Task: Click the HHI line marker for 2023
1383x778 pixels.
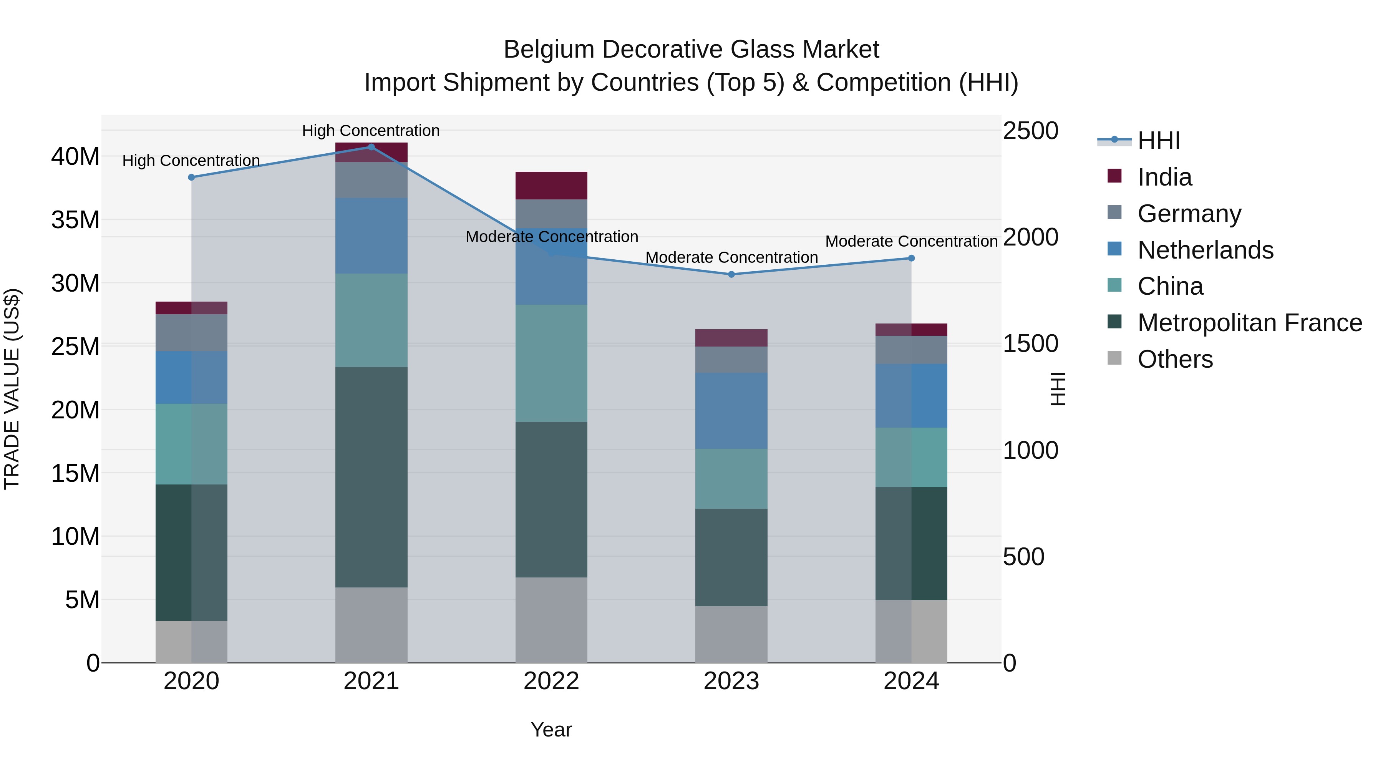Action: (x=731, y=274)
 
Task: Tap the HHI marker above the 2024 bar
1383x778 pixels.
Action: (x=911, y=258)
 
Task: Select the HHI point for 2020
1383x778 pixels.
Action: (x=191, y=177)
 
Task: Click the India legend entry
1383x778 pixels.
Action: (x=1164, y=177)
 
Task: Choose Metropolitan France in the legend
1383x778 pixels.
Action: (x=1249, y=323)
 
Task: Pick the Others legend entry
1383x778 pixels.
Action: (x=1175, y=359)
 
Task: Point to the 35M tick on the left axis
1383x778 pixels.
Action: (x=75, y=220)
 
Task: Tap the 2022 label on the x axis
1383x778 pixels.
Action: (x=551, y=681)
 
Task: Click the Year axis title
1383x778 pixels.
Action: (x=551, y=730)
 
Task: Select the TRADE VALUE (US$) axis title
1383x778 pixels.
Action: (x=12, y=389)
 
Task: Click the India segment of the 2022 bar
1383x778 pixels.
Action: (x=551, y=186)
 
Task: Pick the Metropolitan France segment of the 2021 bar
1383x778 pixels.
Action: (x=371, y=477)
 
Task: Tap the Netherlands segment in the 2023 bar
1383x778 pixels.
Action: (x=731, y=411)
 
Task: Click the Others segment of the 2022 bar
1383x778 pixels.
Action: (x=551, y=620)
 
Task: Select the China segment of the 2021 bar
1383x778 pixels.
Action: (x=371, y=320)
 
